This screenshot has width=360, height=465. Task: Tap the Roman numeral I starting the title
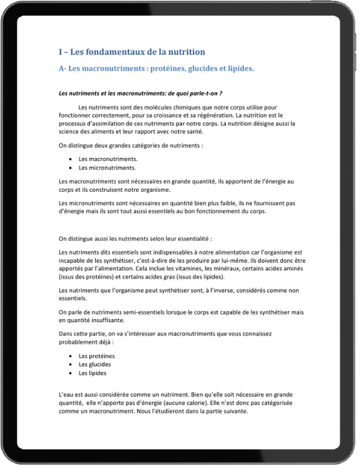pos(61,52)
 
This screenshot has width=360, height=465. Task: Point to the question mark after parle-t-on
pos(221,93)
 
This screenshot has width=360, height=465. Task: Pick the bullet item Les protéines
pos(97,356)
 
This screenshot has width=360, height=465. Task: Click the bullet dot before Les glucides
pos(70,364)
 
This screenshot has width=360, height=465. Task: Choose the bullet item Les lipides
pos(92,373)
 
